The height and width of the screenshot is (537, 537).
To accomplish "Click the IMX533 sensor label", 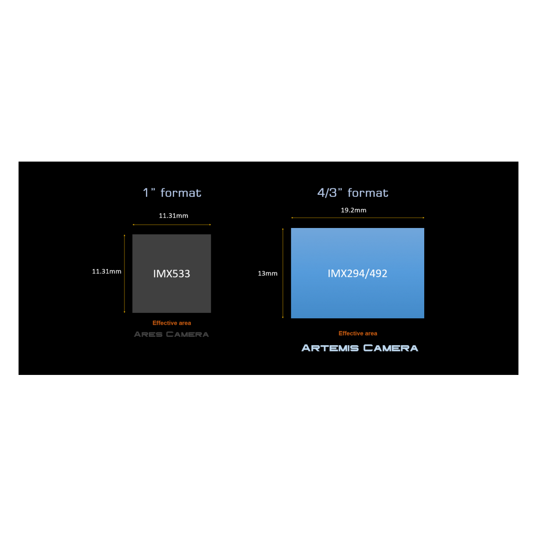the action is point(171,274).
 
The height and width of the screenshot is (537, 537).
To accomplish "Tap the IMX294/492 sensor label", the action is point(357,273).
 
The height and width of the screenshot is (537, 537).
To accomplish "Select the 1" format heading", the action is point(172,193).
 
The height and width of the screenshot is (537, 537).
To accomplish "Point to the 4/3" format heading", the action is point(353,193).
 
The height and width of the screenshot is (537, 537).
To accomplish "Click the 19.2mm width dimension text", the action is point(353,210).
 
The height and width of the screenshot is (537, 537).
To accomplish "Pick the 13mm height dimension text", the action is point(268,273).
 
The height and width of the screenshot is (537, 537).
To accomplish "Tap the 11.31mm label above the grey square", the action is point(173,216).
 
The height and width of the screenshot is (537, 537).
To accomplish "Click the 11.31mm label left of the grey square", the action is point(106,271).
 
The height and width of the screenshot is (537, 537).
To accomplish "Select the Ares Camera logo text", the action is point(171,334).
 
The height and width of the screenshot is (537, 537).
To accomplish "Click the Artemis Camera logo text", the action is point(360,348).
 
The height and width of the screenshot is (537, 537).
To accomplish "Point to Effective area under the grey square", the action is point(171,323).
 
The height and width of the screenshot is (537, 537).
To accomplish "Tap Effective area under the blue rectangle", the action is point(358,333).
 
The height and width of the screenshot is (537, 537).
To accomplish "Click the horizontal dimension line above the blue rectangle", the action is point(357,218).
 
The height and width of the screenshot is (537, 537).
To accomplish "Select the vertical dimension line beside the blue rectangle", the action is point(283,273).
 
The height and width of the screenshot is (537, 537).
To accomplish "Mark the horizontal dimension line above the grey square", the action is point(171,225).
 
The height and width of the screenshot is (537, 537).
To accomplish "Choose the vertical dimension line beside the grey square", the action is point(124,274).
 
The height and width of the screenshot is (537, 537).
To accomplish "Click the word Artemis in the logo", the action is point(330,348).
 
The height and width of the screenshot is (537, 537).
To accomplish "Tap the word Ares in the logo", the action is point(148,334).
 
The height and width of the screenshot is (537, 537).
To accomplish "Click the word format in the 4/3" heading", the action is point(368,193).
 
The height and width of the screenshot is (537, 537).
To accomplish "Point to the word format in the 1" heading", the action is point(181,193).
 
